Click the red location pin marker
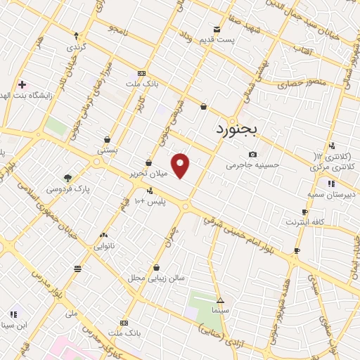pyautogui.click(x=181, y=165)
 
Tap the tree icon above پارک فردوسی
pyautogui.click(x=67, y=178)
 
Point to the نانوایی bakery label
pyautogui.click(x=104, y=246)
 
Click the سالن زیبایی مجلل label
pyautogui.click(x=155, y=278)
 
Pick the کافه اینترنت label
pyautogui.click(x=304, y=222)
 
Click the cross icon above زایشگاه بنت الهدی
pyautogui.click(x=22, y=84)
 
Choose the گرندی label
pyautogui.click(x=75, y=46)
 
